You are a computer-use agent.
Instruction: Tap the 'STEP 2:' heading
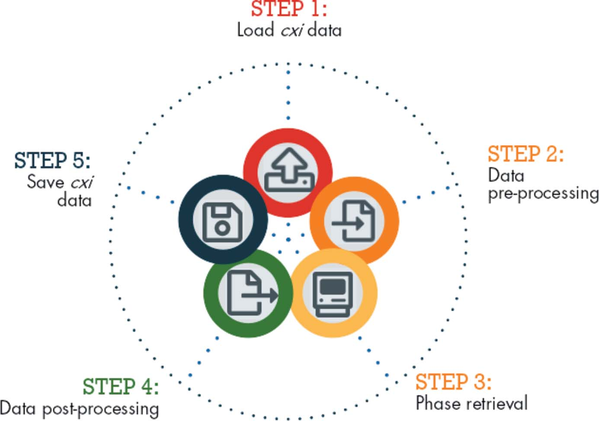525,154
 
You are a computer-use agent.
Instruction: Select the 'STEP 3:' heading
453,382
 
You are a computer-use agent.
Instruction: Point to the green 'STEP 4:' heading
121,386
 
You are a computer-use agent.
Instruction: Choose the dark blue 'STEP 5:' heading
52,161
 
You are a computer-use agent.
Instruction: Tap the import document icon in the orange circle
354,221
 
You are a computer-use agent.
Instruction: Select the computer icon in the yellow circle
333,293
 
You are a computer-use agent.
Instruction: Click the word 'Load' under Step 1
256,30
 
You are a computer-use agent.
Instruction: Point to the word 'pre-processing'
543,194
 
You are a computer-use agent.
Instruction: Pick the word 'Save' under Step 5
45,182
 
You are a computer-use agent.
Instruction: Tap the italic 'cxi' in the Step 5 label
82,182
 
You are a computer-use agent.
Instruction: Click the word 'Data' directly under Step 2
506,175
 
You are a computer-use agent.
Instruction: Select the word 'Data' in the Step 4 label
18,408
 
